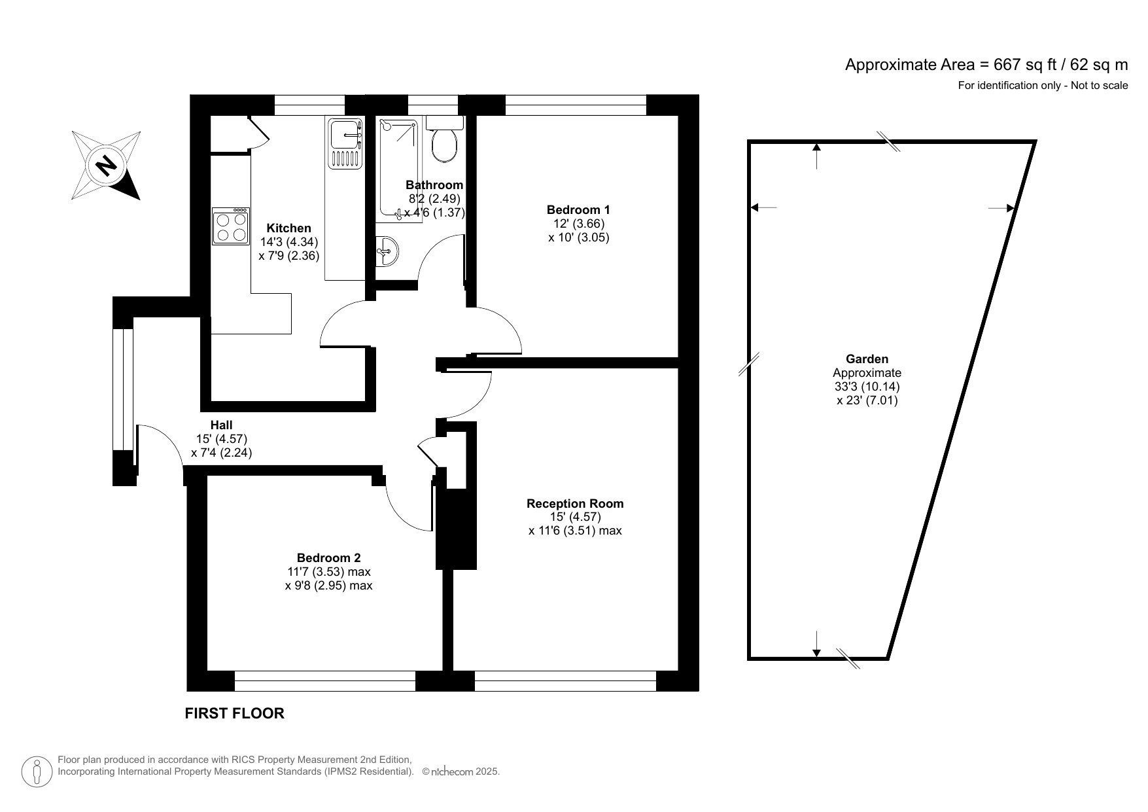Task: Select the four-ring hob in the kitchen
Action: (x=231, y=226)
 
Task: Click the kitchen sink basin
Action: (x=345, y=135)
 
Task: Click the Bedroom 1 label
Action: (x=578, y=210)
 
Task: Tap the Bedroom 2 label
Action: (x=328, y=558)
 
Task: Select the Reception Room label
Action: (x=575, y=504)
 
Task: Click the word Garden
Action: (x=867, y=359)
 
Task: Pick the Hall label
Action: (x=221, y=425)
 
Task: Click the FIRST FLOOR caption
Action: (x=234, y=713)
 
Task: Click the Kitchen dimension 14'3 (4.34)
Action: (x=289, y=242)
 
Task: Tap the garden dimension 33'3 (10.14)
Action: (x=867, y=387)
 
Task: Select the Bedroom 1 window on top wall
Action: (x=576, y=105)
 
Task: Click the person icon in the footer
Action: (x=37, y=772)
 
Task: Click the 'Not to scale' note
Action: (x=1099, y=86)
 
